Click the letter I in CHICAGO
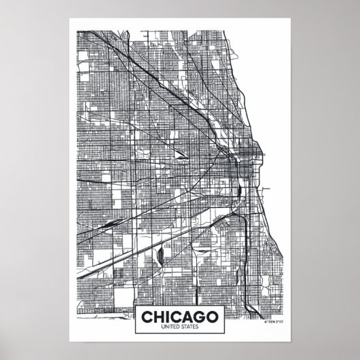click(168, 319)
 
